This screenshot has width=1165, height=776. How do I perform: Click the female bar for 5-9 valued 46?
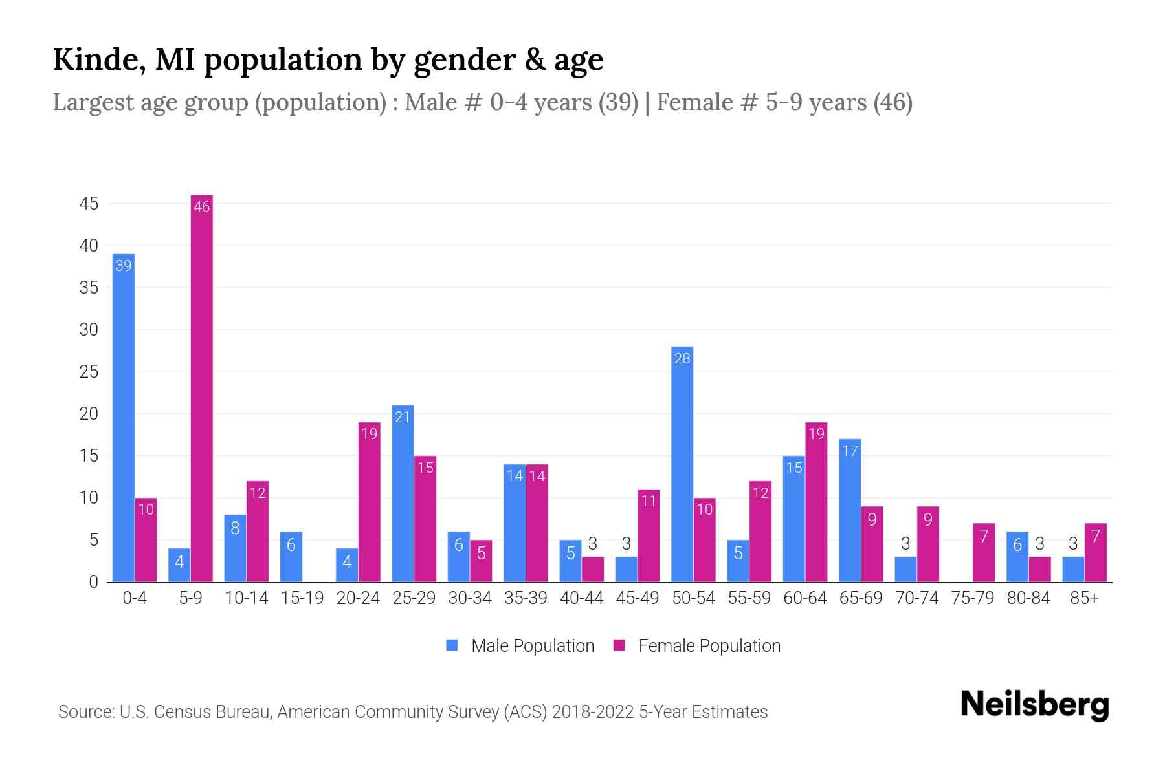click(202, 388)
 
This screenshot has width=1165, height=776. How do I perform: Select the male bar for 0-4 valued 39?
click(124, 418)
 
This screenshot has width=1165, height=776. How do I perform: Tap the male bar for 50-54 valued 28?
click(682, 464)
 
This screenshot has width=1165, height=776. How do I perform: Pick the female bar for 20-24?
click(370, 502)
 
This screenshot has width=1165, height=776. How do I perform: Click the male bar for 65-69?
click(850, 511)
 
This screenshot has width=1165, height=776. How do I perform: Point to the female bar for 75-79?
click(984, 553)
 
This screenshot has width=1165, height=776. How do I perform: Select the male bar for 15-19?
click(291, 557)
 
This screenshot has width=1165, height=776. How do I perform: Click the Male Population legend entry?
click(520, 646)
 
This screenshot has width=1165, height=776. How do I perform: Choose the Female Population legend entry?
click(697, 646)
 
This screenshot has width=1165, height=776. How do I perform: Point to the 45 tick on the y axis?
click(89, 204)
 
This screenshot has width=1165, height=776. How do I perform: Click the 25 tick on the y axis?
click(89, 372)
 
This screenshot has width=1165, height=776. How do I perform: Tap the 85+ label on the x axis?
click(1084, 598)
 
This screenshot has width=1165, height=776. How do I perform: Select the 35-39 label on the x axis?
click(526, 598)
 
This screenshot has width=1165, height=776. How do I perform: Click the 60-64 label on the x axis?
click(805, 598)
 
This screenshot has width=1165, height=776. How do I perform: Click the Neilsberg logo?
click(1034, 705)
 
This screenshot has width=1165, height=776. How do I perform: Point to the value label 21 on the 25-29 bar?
click(403, 417)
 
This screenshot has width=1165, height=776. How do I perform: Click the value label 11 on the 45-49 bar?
click(649, 501)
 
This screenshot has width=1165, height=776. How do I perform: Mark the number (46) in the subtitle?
click(893, 102)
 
